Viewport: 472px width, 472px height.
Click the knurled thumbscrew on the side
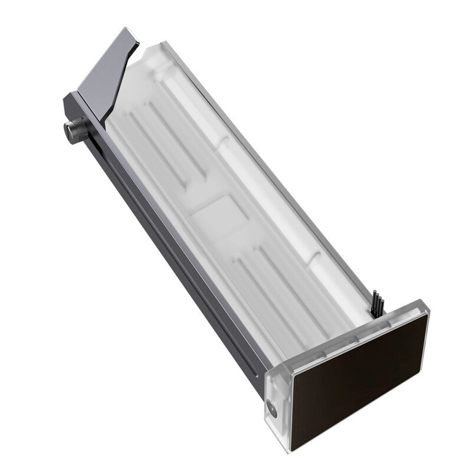pyautogui.click(x=75, y=130)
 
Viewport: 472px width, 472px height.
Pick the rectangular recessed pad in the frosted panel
pyautogui.click(x=214, y=212)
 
